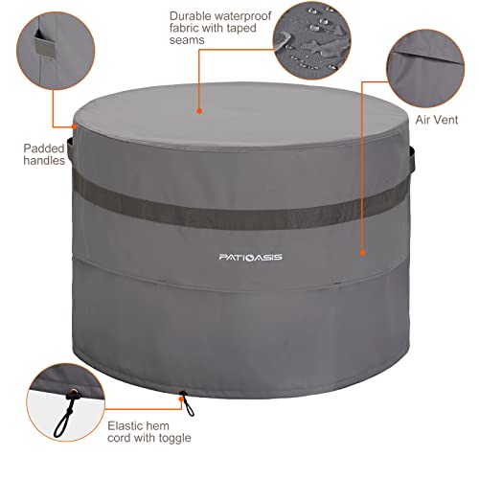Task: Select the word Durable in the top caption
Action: pyautogui.click(x=190, y=16)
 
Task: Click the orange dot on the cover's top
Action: pyautogui.click(x=199, y=110)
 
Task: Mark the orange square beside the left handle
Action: pyautogui.click(x=75, y=125)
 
